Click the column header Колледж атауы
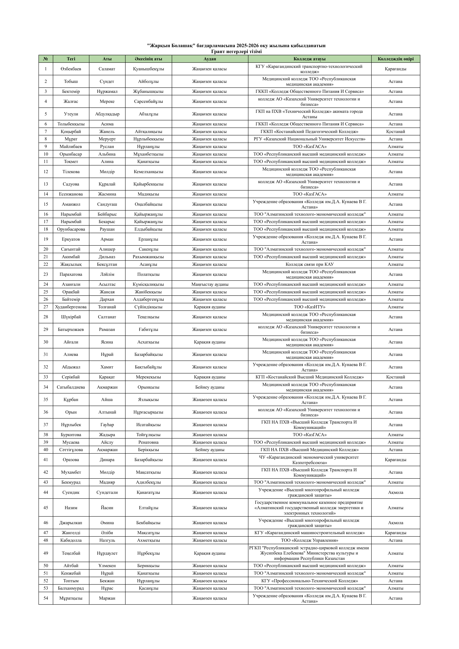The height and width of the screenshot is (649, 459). pos(309,59)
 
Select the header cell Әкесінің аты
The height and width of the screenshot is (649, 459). pos(148,59)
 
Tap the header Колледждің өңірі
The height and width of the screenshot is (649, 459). pos(395,59)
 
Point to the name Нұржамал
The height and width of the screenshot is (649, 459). pos(107,91)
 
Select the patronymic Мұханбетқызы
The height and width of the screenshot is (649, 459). pos(148,154)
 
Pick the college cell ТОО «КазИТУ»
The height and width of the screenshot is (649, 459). pos(309,307)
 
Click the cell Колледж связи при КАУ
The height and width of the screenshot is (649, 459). pos(309,264)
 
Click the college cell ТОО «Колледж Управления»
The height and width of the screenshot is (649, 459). pos(309,540)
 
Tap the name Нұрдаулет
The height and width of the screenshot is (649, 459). pos(107,553)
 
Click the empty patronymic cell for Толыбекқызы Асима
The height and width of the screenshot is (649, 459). pos(148,124)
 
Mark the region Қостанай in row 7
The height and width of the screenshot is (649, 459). pos(395,132)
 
